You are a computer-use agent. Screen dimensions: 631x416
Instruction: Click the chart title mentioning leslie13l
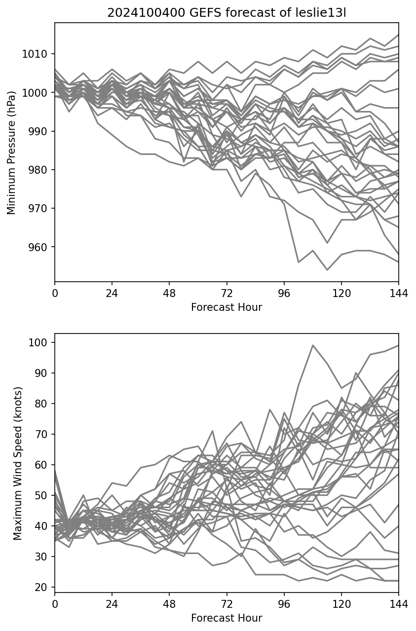coord(227,13)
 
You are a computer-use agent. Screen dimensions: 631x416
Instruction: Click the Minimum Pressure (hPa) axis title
coord(11,152)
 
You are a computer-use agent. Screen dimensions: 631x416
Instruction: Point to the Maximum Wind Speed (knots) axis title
coord(17,463)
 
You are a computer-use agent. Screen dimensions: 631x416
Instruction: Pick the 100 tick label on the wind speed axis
coord(39,342)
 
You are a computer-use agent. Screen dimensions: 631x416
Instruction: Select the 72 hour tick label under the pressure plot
coord(227,293)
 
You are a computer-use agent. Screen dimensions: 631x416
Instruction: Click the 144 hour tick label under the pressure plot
coord(399,293)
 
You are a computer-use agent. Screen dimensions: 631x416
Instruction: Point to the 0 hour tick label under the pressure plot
coord(55,293)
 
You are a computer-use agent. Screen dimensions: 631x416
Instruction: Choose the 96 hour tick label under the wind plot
coord(284,604)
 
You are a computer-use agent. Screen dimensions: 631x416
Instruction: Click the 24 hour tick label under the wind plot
coord(112,604)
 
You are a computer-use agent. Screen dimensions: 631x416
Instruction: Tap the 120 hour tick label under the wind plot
coord(341,604)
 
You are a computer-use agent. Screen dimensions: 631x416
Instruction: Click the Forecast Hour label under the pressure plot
coord(227,307)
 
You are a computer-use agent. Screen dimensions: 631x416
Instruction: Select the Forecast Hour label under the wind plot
coord(227,618)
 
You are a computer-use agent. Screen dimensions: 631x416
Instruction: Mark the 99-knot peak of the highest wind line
coord(312,345)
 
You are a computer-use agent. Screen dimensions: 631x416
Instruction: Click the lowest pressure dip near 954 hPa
coord(327,270)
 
